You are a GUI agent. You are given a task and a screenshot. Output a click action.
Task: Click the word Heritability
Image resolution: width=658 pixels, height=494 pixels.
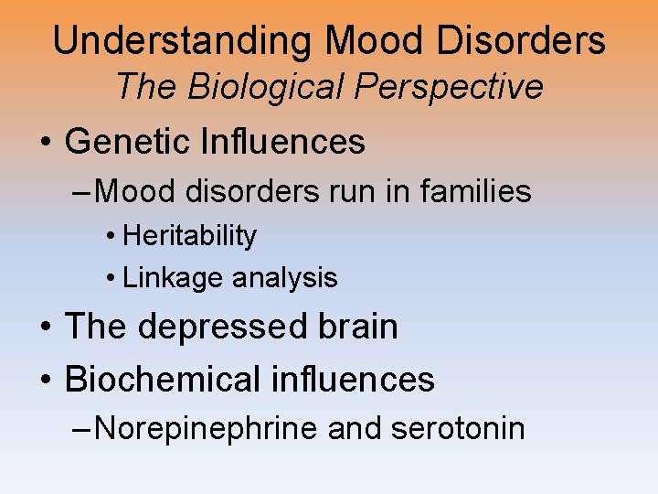point(189,236)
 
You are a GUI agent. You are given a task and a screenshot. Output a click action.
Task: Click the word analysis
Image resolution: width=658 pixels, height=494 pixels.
point(284,277)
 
